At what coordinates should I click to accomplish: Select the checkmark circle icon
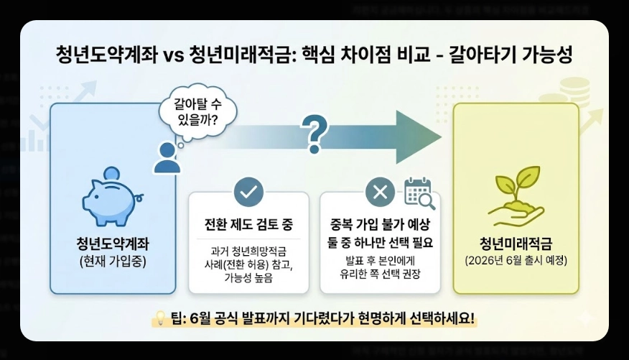tap(248, 192)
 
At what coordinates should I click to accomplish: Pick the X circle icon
tap(380, 192)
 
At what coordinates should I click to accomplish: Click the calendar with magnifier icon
tap(419, 192)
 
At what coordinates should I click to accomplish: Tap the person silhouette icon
tap(167, 157)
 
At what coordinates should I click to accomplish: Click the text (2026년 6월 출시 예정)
tap(516, 260)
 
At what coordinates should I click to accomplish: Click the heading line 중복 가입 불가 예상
tap(380, 223)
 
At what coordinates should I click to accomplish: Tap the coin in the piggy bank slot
tap(111, 174)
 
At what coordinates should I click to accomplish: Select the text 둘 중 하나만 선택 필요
tap(380, 241)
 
